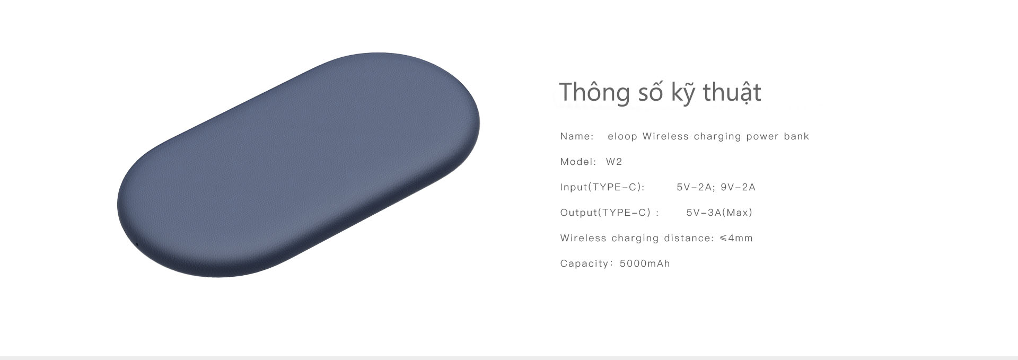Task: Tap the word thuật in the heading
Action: (732, 93)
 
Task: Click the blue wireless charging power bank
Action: (298, 164)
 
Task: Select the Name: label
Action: (577, 136)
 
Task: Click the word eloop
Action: (622, 137)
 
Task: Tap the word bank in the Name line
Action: (796, 136)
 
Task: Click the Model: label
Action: (578, 162)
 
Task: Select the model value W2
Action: (614, 162)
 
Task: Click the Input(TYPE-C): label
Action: (602, 187)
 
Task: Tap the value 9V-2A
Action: (738, 187)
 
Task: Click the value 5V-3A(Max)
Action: (719, 213)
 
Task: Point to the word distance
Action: (689, 238)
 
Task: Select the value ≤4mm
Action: (736, 238)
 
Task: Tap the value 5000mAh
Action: (645, 264)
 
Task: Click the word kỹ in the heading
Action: (684, 93)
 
